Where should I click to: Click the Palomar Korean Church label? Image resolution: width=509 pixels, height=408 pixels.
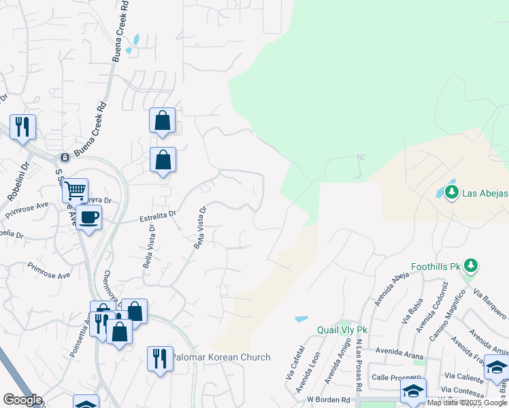[x=220, y=357]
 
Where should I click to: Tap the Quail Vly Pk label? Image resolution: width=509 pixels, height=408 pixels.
[x=342, y=330]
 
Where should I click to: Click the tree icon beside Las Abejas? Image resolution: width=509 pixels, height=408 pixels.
[x=450, y=192]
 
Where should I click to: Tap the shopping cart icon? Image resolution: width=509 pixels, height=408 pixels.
[x=76, y=190]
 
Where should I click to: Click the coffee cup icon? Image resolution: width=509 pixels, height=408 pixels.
[x=88, y=218]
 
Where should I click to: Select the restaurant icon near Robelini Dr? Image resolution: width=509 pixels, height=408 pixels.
[x=22, y=126]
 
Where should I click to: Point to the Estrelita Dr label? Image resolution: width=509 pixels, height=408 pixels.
[x=157, y=217]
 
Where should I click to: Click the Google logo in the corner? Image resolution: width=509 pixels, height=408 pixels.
[x=22, y=400]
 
